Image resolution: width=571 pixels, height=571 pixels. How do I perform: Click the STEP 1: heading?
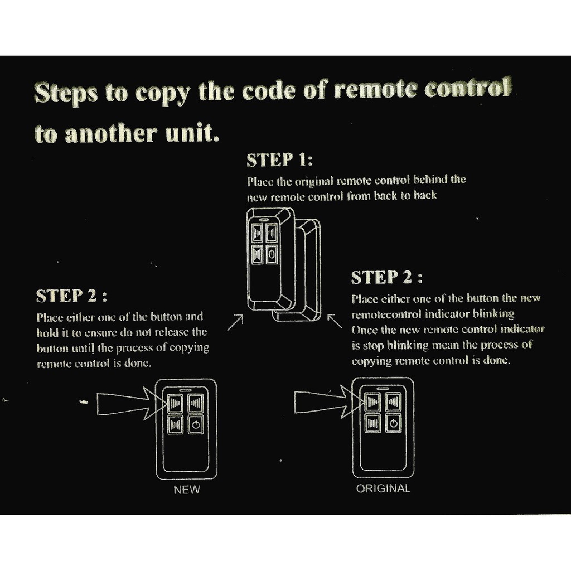(279, 161)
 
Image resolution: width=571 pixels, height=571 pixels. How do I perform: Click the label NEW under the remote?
(187, 490)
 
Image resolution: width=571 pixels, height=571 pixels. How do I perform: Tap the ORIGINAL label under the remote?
(383, 488)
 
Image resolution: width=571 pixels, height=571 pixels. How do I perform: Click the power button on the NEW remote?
(195, 425)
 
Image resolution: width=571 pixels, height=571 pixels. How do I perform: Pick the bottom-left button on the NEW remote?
(175, 425)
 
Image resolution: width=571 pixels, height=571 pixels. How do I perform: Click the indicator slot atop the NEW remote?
(186, 390)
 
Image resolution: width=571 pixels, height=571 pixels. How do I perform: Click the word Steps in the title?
(66, 93)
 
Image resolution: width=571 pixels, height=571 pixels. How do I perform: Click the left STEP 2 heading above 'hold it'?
(71, 296)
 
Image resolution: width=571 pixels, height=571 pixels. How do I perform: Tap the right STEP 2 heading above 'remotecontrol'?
(386, 277)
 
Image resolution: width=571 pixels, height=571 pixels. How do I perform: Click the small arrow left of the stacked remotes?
(235, 322)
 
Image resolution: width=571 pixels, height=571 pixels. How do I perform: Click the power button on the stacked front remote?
(271, 255)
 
